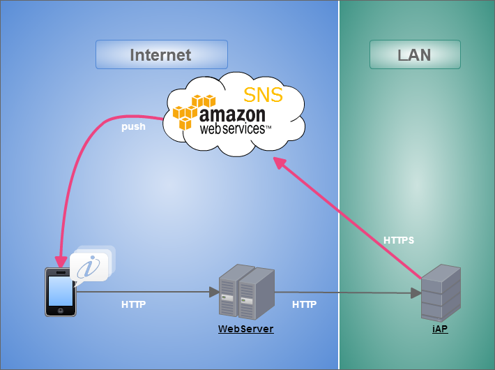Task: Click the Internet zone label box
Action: tap(161, 54)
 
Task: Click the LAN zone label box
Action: tap(415, 54)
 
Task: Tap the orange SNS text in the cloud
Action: tap(263, 95)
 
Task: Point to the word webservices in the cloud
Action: tap(233, 129)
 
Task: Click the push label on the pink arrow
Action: tap(133, 127)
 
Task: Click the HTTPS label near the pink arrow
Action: tap(399, 240)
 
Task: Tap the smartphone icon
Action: tap(61, 292)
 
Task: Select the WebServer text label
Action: tap(246, 329)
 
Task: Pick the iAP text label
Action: tap(440, 329)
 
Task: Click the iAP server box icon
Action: tap(441, 292)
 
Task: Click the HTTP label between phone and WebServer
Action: tap(134, 304)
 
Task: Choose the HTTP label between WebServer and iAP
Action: tap(304, 304)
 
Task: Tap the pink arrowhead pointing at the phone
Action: tap(61, 261)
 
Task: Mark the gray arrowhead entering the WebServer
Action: tap(214, 292)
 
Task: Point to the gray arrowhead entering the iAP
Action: tap(416, 294)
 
